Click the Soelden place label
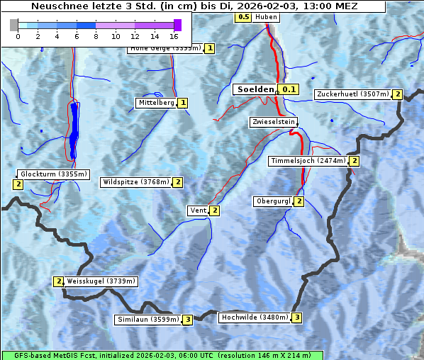point(255,89)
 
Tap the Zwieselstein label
point(272,122)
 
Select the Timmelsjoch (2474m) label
point(308,161)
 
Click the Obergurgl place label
point(273,201)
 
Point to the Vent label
point(198,210)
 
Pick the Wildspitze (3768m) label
point(136,182)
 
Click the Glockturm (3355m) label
point(53,174)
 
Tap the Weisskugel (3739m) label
point(100,281)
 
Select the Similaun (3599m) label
point(147,320)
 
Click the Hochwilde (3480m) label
point(254,317)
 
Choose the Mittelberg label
point(156,103)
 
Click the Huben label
point(266,17)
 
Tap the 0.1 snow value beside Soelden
point(289,90)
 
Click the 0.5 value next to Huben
point(243,16)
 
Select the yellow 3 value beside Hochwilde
point(296,317)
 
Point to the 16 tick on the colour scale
point(174,36)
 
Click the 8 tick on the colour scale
point(96,36)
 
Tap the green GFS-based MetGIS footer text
point(162,355)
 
